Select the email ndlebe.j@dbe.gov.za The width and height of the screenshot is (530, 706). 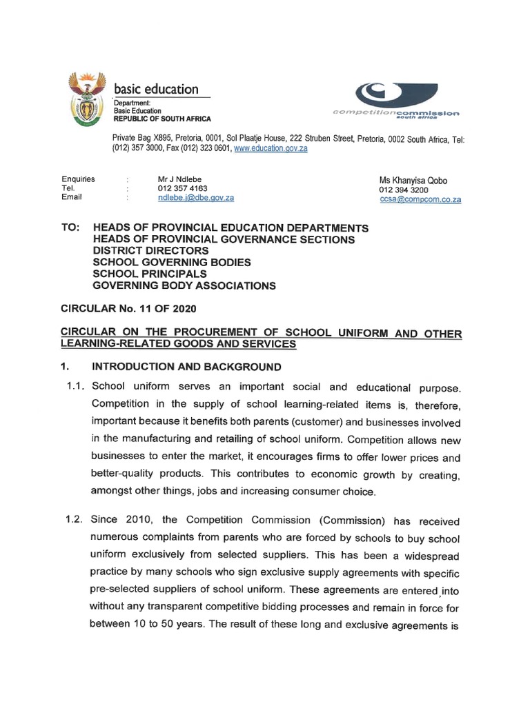tap(196, 198)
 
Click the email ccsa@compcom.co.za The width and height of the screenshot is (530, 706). tap(420, 199)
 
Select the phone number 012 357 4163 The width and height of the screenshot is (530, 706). tap(183, 188)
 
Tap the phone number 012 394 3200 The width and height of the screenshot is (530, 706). tap(404, 190)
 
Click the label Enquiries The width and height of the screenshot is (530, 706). tap(78, 179)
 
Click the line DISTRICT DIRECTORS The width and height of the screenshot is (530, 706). tap(150, 251)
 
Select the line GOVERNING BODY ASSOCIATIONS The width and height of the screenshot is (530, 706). tap(184, 285)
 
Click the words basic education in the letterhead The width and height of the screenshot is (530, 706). tap(156, 89)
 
